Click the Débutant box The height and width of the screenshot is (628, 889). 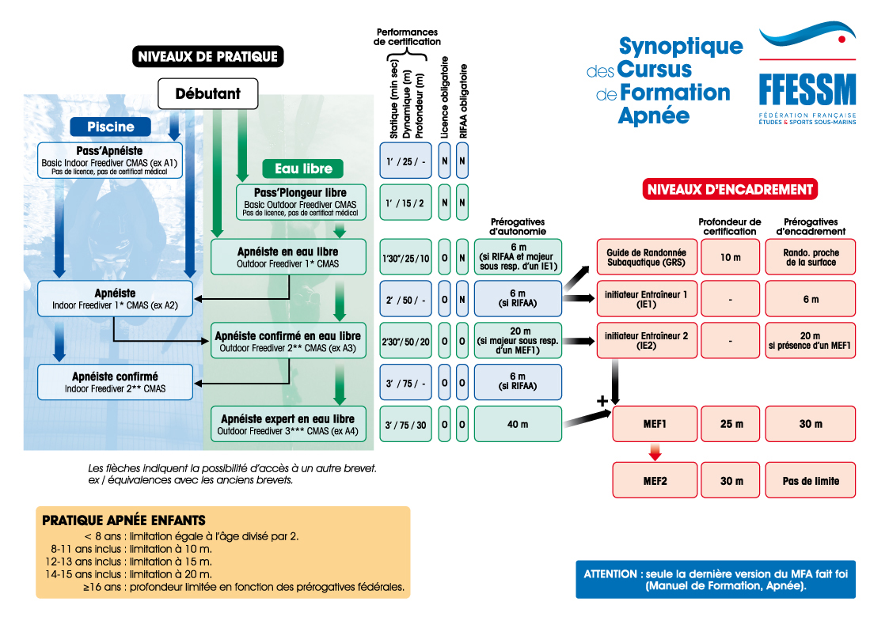pyautogui.click(x=208, y=94)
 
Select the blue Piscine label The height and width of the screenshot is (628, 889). pyautogui.click(x=110, y=127)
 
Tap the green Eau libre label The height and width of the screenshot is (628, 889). pyautogui.click(x=302, y=168)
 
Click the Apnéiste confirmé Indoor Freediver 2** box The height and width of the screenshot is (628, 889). pyautogui.click(x=116, y=382)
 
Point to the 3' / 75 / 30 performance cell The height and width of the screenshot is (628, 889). pyautogui.click(x=405, y=425)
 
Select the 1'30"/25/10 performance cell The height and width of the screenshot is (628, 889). pyautogui.click(x=405, y=258)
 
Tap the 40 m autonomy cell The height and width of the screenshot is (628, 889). pyautogui.click(x=518, y=425)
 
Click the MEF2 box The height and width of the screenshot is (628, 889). pyautogui.click(x=655, y=481)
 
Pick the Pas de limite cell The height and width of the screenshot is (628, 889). pyautogui.click(x=810, y=481)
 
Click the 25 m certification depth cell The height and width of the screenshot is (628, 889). pyautogui.click(x=731, y=425)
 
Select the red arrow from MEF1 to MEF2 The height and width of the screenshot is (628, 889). pyautogui.click(x=654, y=452)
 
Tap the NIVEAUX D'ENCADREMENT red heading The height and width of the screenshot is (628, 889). pyautogui.click(x=729, y=189)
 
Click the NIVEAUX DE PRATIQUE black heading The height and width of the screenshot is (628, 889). pyautogui.click(x=207, y=56)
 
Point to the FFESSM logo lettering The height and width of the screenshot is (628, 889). pyautogui.click(x=807, y=90)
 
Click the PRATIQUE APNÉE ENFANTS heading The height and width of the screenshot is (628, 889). pyautogui.click(x=123, y=520)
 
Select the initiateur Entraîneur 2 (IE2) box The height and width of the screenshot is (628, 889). pyautogui.click(x=646, y=341)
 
